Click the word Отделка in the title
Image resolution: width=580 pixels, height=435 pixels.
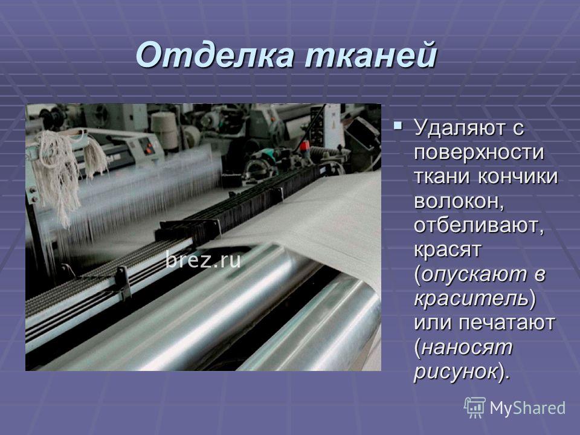216,56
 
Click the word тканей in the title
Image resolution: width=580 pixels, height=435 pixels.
370,56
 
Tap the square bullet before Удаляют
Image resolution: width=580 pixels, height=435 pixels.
398,126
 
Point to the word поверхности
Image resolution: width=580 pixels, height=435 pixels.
479,152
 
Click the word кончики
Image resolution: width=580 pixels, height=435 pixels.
518,176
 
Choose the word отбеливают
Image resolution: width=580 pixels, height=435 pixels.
479,225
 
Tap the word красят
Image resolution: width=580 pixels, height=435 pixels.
447,250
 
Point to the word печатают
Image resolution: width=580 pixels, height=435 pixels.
507,323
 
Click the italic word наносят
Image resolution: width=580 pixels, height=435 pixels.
467,347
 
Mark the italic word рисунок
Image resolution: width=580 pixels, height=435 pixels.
456,372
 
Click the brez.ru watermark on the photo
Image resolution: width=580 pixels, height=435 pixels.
203,259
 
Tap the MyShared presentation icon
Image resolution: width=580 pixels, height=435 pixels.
475,408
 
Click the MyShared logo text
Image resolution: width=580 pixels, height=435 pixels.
527,408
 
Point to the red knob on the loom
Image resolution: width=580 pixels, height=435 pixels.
304,146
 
